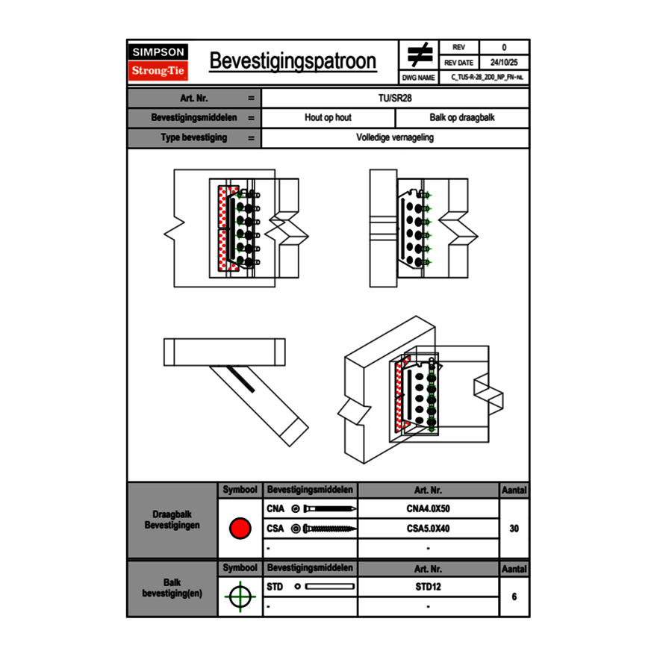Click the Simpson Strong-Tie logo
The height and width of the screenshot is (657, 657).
pos(158,62)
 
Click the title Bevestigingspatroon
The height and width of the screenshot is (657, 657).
pos(293,61)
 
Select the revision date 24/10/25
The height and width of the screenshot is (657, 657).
pos(503,63)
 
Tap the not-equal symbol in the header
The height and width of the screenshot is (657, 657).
pos(420,55)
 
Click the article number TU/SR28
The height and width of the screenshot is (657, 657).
pos(395,98)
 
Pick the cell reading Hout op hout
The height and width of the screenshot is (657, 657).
pos(328,118)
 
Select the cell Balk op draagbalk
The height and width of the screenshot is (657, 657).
pos(461,118)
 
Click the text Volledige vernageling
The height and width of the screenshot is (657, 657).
pos(395,138)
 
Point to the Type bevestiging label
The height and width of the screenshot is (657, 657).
pos(194,138)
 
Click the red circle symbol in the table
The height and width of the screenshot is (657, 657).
pos(240,529)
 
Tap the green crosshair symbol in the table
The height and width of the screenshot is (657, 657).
pos(240,597)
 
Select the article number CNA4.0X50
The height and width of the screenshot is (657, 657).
pos(428,509)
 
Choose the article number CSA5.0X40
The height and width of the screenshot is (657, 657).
pos(428,529)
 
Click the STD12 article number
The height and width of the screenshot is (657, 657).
pos(428,587)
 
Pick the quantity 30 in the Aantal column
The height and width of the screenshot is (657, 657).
pos(514,529)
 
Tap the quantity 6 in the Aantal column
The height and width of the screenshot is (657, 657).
pos(514,597)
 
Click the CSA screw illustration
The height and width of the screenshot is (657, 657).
pos(326,529)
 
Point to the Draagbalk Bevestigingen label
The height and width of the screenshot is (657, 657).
pos(172,520)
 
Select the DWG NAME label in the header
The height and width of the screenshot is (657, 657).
pos(418,77)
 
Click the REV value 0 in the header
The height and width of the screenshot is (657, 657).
pos(503,48)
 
